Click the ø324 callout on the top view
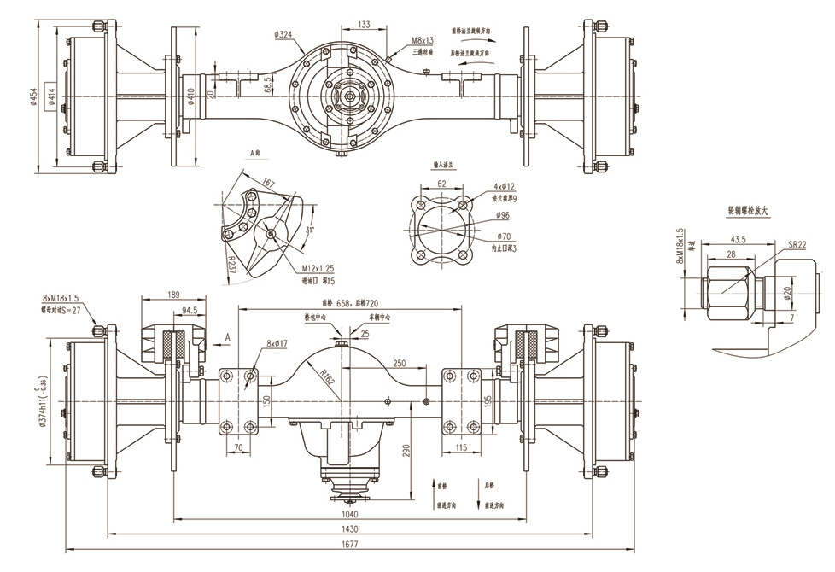tap(283, 34)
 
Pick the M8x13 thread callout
tap(423, 40)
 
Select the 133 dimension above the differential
tap(365, 25)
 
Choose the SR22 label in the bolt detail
tap(797, 244)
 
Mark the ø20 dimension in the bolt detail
tap(797, 291)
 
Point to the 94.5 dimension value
tap(190, 311)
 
